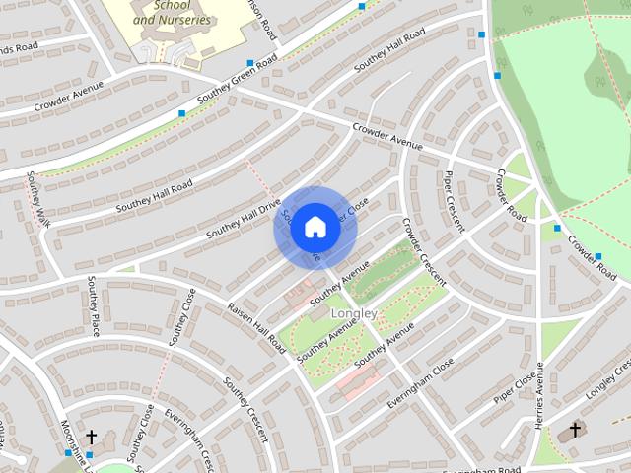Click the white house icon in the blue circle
point(315,227)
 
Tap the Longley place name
point(355,313)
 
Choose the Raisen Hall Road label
point(256,328)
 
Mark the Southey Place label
point(93,306)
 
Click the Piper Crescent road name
point(454,201)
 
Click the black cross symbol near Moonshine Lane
point(91,436)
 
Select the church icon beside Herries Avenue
point(575,430)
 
